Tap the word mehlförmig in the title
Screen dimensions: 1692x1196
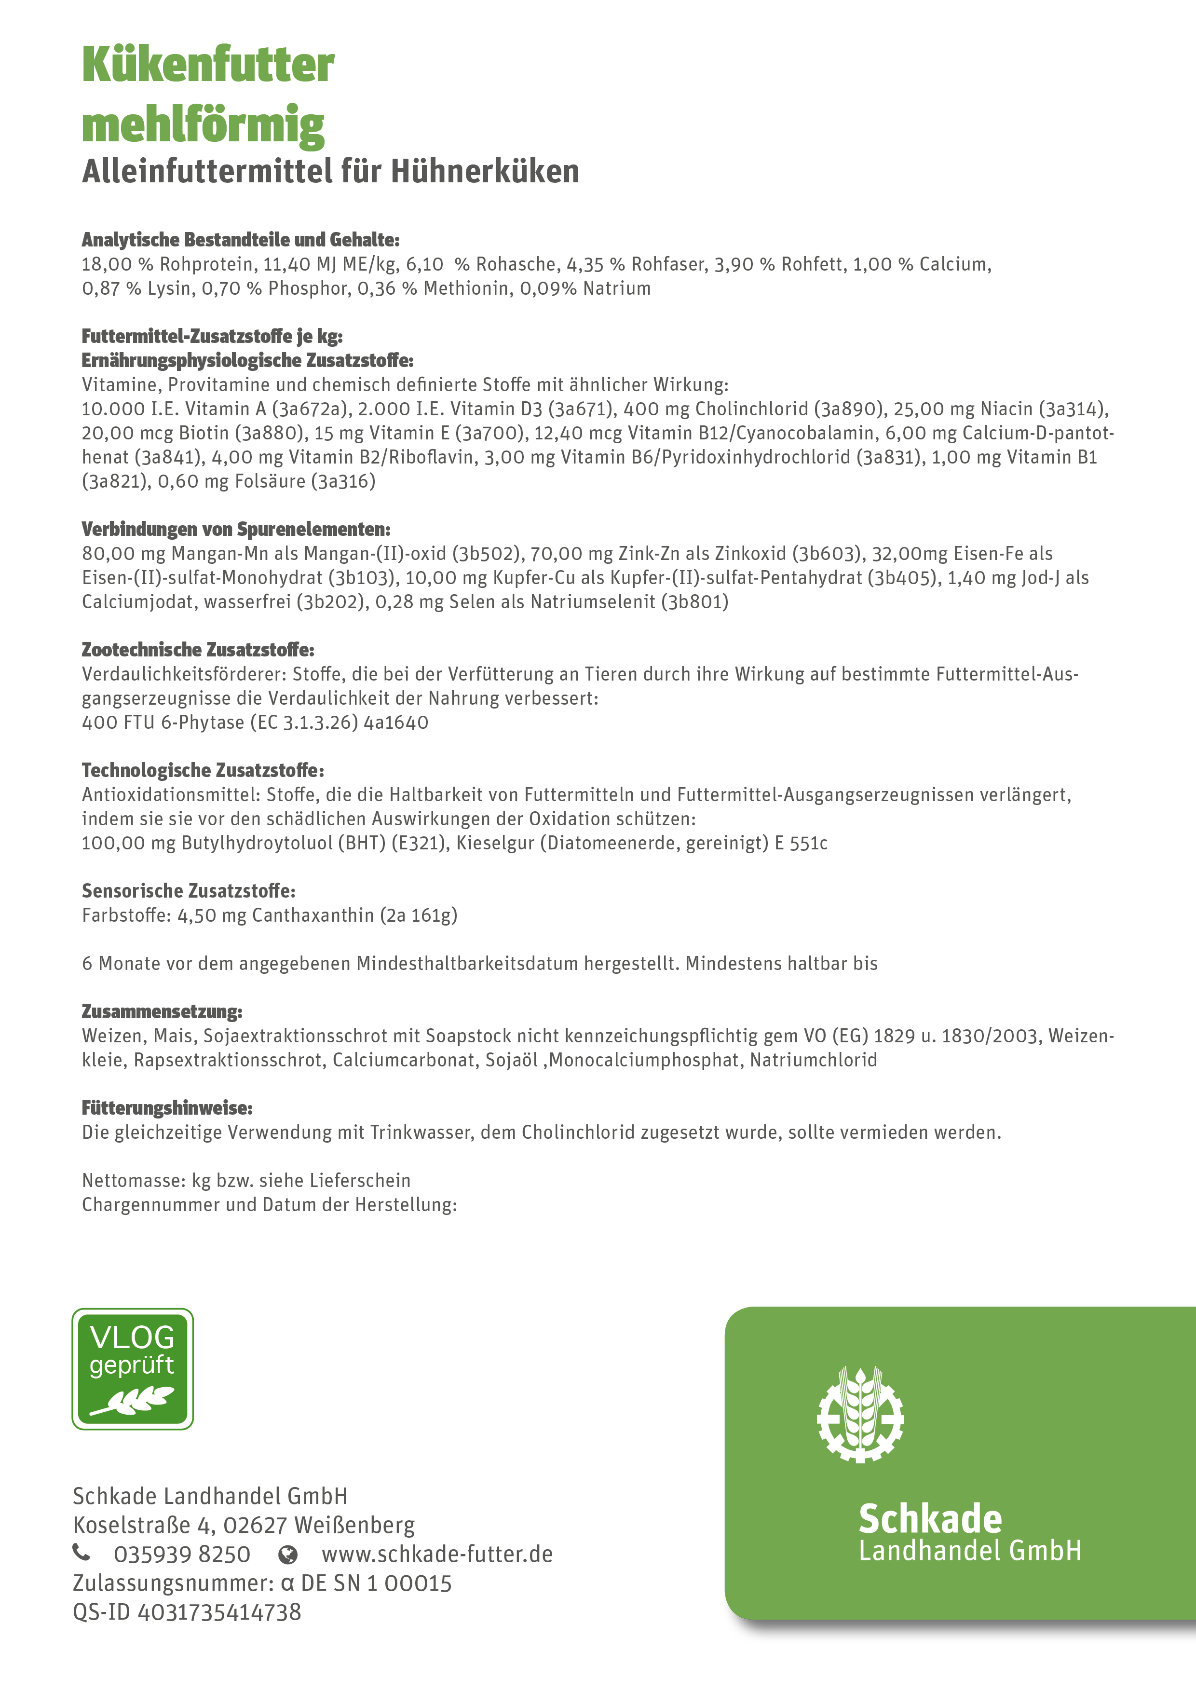(204, 125)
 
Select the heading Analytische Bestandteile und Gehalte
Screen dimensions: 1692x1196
(240, 240)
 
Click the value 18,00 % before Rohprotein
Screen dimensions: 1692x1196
(117, 265)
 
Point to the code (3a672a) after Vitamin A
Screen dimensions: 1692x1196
(309, 409)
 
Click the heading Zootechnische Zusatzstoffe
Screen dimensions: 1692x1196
(198, 650)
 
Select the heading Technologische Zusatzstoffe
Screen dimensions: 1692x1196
(203, 771)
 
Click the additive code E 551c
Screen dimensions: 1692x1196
(801, 843)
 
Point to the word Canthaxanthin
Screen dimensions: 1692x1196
(313, 915)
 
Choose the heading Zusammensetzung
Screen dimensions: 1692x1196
(162, 1012)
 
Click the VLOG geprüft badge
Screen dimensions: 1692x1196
(133, 1368)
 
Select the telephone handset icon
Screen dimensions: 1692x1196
(82, 1554)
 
